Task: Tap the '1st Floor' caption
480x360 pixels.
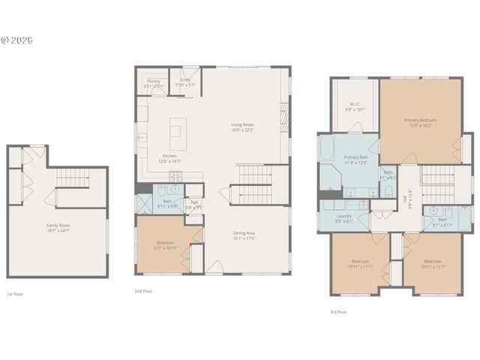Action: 16,294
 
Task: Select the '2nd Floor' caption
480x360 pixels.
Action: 144,289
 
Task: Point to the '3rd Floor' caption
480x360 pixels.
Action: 337,311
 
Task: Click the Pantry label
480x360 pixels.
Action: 154,83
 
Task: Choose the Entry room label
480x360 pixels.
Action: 185,83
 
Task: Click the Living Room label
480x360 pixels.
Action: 242,127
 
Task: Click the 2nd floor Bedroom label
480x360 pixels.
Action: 165,245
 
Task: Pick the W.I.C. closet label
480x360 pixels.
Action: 356,106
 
